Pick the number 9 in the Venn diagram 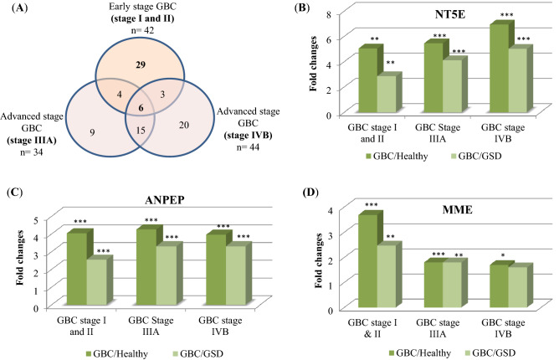(x=67, y=131)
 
